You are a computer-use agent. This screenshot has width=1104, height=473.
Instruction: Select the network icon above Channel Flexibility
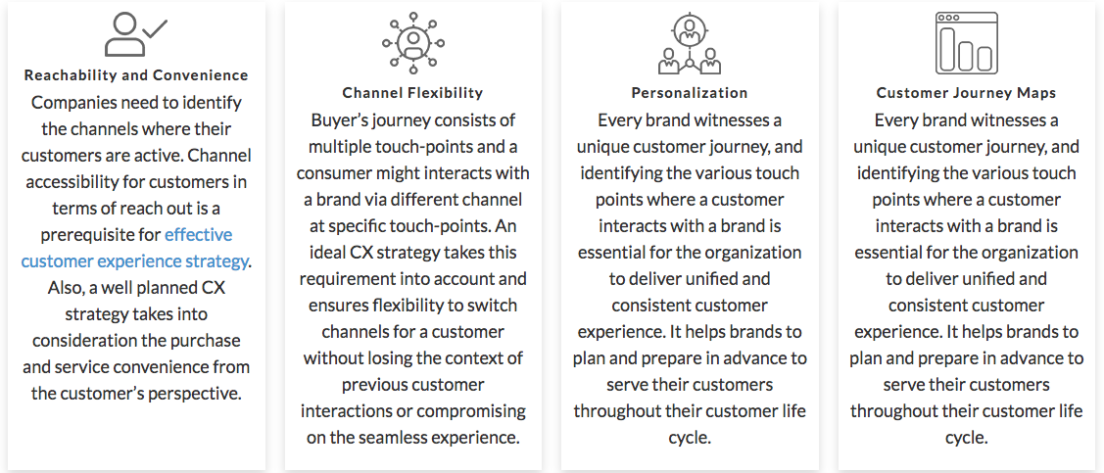(x=413, y=42)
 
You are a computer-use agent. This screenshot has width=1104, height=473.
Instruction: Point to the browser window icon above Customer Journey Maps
(x=966, y=43)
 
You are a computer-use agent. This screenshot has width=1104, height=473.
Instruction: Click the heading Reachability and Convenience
(x=136, y=75)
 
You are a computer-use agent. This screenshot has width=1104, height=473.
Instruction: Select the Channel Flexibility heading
(x=412, y=93)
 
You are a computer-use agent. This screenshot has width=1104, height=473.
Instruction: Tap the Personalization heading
(x=690, y=93)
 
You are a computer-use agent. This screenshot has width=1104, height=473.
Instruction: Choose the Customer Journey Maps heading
(x=966, y=93)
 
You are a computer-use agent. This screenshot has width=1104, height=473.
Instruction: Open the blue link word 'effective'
(x=198, y=235)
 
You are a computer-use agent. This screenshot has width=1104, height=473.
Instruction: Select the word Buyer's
(x=343, y=120)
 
